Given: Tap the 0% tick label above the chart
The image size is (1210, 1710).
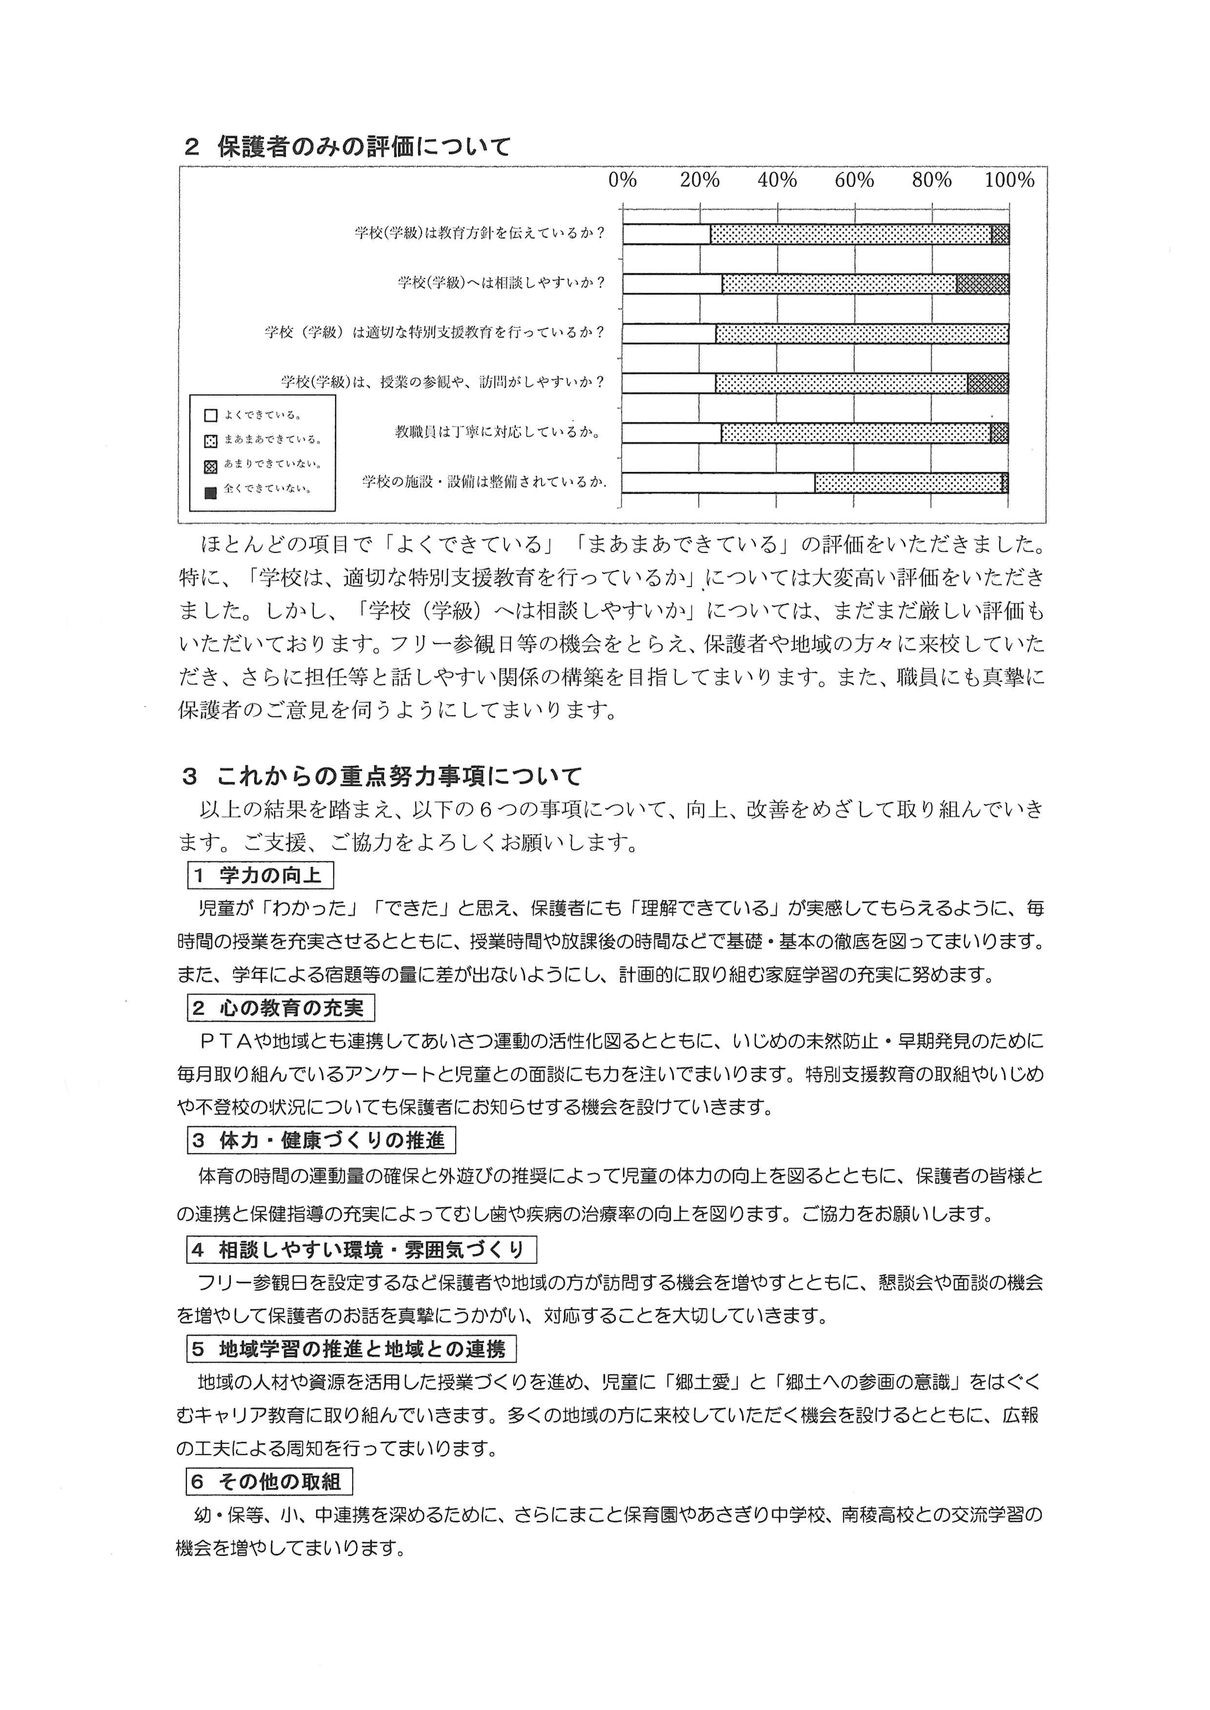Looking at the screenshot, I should coord(623,180).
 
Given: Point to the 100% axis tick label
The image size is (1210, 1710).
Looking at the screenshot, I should coord(1009,180).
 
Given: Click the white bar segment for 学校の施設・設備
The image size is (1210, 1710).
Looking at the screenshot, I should coord(718,483).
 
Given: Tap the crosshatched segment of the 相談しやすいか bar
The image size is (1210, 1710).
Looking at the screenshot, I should coord(983,284).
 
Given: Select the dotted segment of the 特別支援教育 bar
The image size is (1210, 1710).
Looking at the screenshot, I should coord(862,334).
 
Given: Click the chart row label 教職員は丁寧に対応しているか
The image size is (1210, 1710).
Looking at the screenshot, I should coord(498,432).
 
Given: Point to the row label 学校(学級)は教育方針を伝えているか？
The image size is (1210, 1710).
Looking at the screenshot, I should coord(479,233).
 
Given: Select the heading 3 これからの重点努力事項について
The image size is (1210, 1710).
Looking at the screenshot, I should coord(382,777).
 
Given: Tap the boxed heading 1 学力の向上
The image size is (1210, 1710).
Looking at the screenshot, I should coord(260,875).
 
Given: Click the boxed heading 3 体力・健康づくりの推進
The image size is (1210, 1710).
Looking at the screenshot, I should coord(321,1140).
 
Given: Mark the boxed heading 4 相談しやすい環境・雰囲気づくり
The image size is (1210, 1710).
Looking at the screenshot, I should coord(362,1249).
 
